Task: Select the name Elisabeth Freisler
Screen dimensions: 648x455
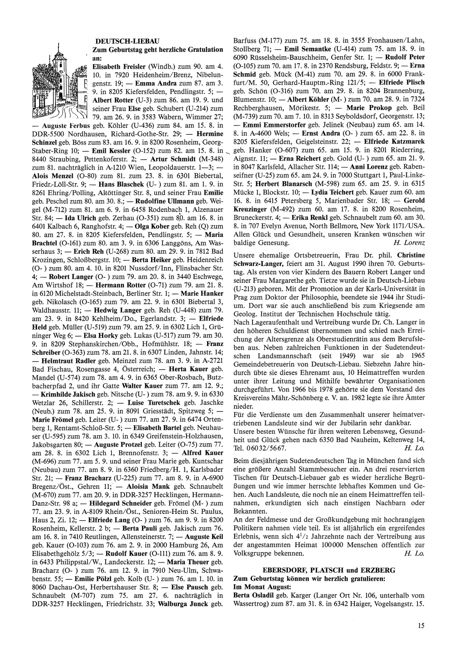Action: pyautogui.click(x=119, y=66)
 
